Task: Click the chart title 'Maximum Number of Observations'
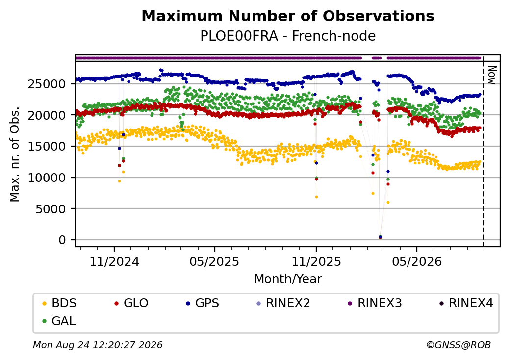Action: coord(288,16)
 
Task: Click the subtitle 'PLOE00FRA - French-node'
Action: coord(288,36)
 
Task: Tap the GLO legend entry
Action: coord(131,303)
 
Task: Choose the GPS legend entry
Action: coord(203,303)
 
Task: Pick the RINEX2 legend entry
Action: coord(283,303)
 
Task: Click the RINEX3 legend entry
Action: coord(375,303)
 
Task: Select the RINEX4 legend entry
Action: coord(466,303)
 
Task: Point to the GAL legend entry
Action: coord(59,321)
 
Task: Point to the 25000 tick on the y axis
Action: coord(47,84)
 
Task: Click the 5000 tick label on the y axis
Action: coord(51,209)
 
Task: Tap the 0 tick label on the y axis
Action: coord(62,240)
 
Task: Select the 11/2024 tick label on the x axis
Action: coord(114,262)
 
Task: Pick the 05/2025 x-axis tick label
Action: coord(215,262)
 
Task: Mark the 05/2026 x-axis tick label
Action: coord(417,262)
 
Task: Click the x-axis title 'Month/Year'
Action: coord(288,279)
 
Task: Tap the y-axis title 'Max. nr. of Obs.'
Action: coord(15,154)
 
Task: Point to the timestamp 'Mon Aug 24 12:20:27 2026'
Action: coord(98,345)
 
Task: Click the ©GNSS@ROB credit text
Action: coord(459,345)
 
